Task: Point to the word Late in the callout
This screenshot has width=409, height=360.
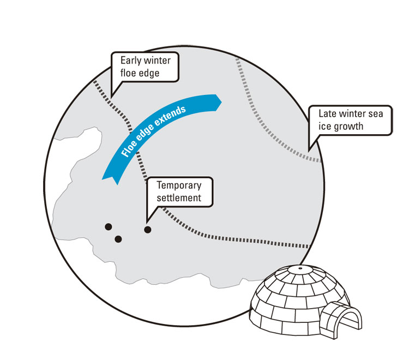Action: tap(328, 115)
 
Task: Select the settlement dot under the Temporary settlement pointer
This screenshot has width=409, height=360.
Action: tap(147, 229)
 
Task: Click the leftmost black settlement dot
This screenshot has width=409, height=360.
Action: tap(108, 226)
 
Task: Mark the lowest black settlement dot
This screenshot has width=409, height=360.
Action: tap(118, 239)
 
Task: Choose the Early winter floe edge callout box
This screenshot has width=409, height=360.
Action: tap(145, 67)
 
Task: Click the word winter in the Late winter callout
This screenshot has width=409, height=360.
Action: tap(352, 115)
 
